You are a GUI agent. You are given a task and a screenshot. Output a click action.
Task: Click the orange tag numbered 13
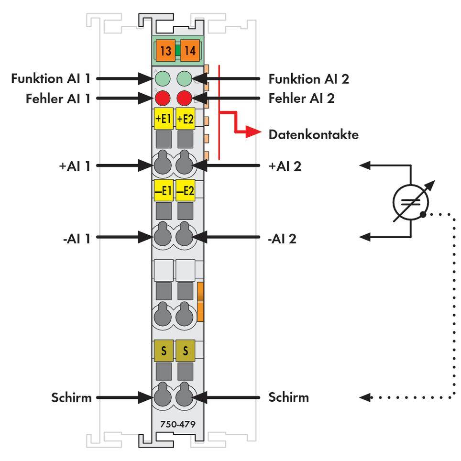pos(165,50)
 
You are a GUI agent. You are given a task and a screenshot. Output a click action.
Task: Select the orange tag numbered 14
pos(190,50)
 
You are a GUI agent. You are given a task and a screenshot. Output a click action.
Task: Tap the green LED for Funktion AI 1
pos(163,78)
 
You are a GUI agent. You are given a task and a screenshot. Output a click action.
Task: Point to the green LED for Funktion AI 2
pos(185,78)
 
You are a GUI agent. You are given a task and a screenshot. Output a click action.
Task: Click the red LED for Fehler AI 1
pos(163,99)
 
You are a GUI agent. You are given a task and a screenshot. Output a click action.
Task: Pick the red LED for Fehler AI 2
pos(185,99)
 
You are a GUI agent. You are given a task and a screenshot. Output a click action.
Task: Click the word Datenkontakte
pos(313,135)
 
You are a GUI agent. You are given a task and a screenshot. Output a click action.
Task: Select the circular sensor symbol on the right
pos(410,201)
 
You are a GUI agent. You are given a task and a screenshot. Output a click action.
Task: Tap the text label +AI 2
pos(285,166)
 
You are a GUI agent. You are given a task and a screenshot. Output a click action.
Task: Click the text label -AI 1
pos(76,237)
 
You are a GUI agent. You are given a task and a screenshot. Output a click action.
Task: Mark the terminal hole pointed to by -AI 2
pos(185,236)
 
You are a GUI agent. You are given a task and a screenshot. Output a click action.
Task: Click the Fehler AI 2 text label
pos(301,99)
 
